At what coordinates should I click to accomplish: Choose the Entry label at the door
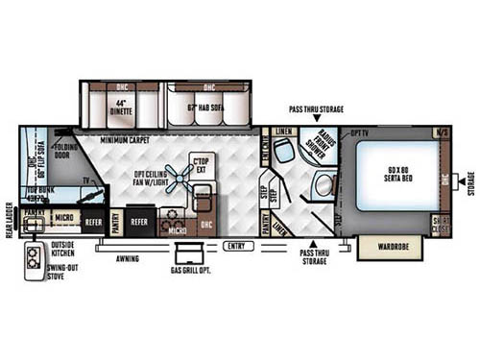pyautogui.click(x=233, y=247)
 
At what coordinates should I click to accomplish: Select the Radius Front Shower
pyautogui.click(x=315, y=144)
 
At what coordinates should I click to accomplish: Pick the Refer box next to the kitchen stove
pyautogui.click(x=139, y=220)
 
